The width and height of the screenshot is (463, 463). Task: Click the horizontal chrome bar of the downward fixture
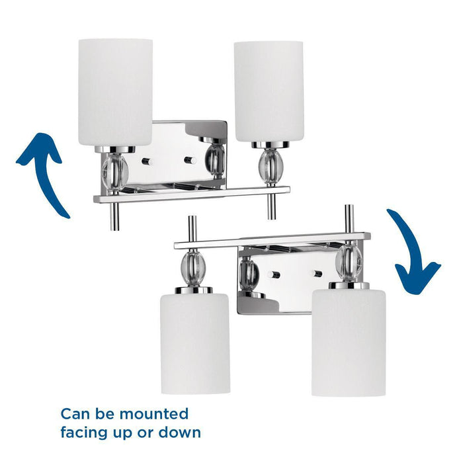pyautogui.click(x=271, y=240)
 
